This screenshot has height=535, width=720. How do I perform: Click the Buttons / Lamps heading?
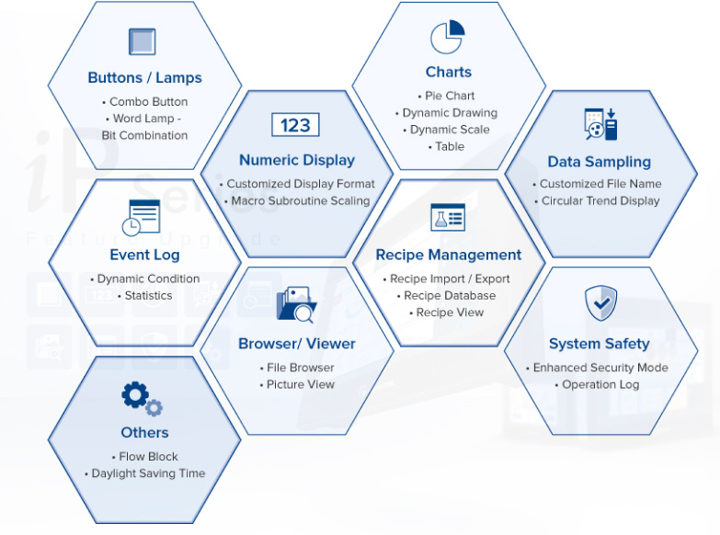tap(144, 78)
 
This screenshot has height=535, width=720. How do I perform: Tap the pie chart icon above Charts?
tap(448, 38)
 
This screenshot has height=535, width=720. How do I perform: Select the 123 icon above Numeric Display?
tap(296, 125)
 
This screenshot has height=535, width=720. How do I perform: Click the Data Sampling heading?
tap(599, 162)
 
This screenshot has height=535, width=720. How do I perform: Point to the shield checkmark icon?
tap(600, 302)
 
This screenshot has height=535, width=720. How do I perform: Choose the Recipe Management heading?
tap(448, 255)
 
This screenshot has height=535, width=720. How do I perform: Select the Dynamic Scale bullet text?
tap(450, 130)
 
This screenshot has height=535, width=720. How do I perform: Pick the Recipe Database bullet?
tap(450, 296)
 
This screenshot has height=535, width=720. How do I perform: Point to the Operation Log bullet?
tap(600, 384)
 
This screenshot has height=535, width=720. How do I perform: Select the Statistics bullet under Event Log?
tap(148, 295)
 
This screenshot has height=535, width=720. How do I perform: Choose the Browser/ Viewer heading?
tap(296, 344)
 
